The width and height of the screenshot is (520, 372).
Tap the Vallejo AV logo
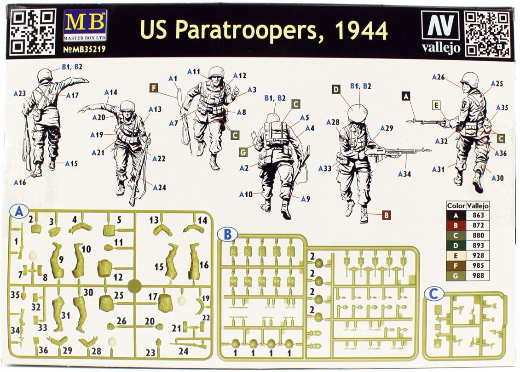(440, 27)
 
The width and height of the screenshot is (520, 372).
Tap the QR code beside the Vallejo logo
(487, 34)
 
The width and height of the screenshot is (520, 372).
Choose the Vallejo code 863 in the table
(477, 216)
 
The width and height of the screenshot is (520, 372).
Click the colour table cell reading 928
(477, 256)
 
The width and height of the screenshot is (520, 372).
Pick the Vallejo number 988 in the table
(477, 276)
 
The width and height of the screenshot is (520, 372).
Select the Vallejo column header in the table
(477, 206)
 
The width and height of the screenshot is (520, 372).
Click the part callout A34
(404, 174)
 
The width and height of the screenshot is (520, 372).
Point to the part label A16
(20, 183)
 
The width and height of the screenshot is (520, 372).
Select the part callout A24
(159, 187)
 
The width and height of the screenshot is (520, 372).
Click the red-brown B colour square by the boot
(386, 215)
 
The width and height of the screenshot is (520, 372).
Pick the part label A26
(438, 77)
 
